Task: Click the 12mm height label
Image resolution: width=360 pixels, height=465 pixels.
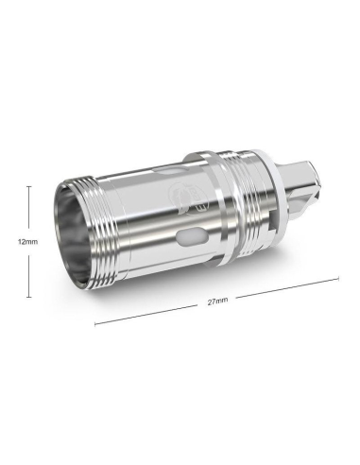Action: [28, 242]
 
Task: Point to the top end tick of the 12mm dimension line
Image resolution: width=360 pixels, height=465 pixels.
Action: [28, 186]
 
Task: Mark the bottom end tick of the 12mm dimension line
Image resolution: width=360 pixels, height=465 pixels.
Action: [28, 297]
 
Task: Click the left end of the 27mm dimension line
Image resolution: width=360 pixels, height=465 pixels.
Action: [95, 324]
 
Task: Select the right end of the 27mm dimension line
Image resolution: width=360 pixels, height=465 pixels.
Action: [338, 279]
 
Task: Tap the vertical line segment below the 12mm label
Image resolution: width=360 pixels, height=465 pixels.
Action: [28, 272]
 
